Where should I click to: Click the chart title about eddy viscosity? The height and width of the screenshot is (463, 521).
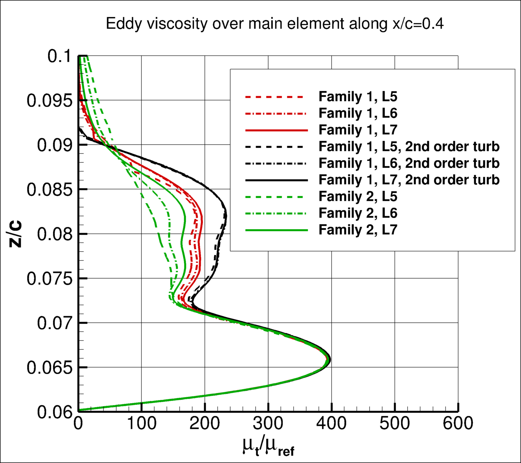point(275,24)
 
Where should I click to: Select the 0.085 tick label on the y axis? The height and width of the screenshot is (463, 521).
point(49,190)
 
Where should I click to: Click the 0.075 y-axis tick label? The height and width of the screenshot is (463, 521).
point(49,279)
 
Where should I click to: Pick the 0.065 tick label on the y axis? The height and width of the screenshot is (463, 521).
point(49,368)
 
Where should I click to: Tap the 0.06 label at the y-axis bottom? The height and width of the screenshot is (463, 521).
point(54,412)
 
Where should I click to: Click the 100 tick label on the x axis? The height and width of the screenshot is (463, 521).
point(142,423)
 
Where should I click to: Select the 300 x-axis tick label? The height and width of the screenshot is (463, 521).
point(268,423)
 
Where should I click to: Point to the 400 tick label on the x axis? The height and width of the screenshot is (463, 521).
point(331,423)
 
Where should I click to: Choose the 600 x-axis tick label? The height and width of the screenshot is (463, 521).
point(458,423)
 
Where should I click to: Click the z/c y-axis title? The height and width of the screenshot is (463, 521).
point(15,234)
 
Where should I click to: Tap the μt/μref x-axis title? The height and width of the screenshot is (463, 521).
point(268,447)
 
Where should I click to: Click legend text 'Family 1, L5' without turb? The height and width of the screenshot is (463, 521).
point(358,96)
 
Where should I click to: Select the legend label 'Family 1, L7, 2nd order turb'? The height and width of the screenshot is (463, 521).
point(409,179)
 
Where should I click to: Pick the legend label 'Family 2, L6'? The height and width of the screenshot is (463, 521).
point(358,213)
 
